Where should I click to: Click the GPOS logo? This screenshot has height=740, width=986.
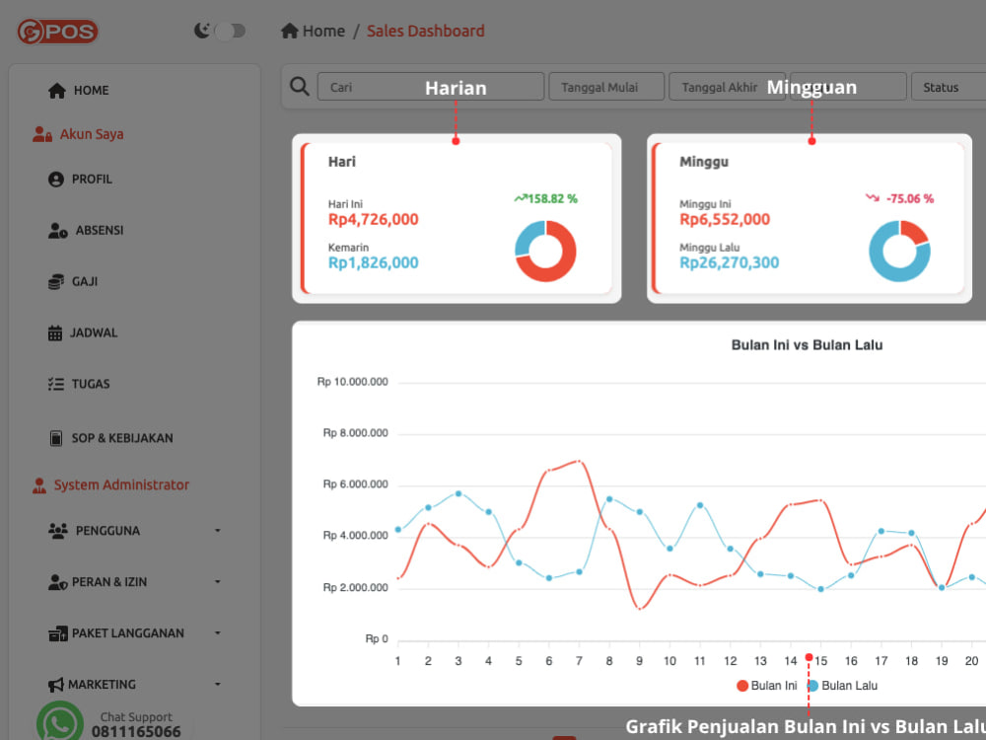57,32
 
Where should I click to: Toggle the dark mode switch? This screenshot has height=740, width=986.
230,31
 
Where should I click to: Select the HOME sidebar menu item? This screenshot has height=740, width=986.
79,91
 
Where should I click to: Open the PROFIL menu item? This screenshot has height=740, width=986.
80,180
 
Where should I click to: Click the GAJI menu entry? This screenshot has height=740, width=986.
73,281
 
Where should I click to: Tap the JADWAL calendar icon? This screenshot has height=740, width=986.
55,333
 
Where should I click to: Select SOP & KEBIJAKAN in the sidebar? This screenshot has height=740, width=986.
110,438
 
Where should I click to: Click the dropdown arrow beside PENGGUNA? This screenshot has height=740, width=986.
218,531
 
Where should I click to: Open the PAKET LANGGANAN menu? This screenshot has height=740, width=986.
116,633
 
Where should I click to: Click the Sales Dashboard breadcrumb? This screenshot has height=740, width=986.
426,31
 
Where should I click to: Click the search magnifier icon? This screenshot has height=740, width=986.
300,86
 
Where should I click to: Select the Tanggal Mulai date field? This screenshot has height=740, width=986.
606,87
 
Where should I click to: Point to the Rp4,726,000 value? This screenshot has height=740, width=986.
374,220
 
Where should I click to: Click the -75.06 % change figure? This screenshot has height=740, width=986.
910,199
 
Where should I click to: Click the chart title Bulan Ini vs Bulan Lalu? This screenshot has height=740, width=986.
807,344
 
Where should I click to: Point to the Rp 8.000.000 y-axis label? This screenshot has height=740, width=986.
355,433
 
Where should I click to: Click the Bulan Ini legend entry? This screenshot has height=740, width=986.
766,686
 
